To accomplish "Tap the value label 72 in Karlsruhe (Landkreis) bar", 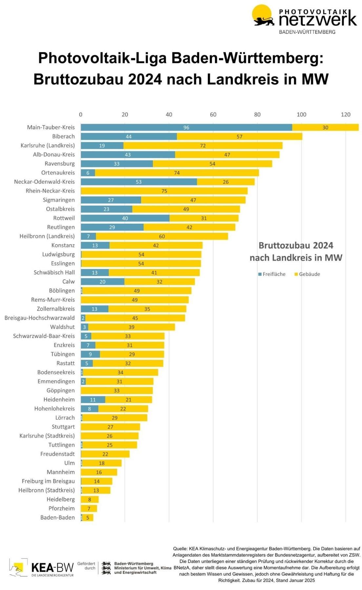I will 203,146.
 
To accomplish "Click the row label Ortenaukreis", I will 58,173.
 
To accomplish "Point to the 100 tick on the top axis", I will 301,114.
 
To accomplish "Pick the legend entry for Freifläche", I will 272,274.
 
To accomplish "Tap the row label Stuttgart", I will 63,427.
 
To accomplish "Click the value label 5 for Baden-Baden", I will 88,518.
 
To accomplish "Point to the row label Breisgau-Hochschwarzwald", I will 40,318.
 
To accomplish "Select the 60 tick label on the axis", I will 213,114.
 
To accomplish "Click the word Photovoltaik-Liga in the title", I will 102,58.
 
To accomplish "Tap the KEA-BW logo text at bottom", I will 52,567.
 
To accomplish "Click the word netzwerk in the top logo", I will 317,19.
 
